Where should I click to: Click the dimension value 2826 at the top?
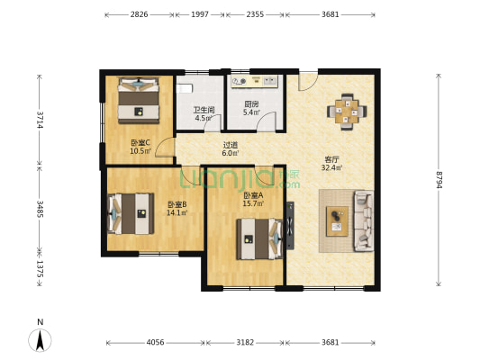click(x=140, y=14)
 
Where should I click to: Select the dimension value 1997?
click(x=200, y=14)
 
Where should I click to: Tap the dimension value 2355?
click(x=255, y=14)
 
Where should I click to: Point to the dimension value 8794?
click(x=439, y=179)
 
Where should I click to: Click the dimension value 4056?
click(x=156, y=342)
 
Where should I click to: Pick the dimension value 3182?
click(x=245, y=342)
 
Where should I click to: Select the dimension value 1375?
click(x=40, y=269)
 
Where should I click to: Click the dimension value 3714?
click(x=40, y=120)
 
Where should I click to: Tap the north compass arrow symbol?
click(x=40, y=340)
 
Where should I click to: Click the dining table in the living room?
click(x=347, y=112)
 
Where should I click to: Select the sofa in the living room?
click(x=364, y=220)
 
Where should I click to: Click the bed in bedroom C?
click(x=139, y=100)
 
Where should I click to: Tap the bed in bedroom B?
click(x=131, y=213)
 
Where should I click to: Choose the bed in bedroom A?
click(x=259, y=238)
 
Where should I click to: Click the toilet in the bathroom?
click(x=185, y=89)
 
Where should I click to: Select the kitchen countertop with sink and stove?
click(x=254, y=81)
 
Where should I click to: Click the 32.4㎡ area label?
click(x=331, y=167)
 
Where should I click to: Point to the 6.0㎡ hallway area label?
click(x=231, y=153)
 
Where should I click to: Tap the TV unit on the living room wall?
click(x=290, y=226)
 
